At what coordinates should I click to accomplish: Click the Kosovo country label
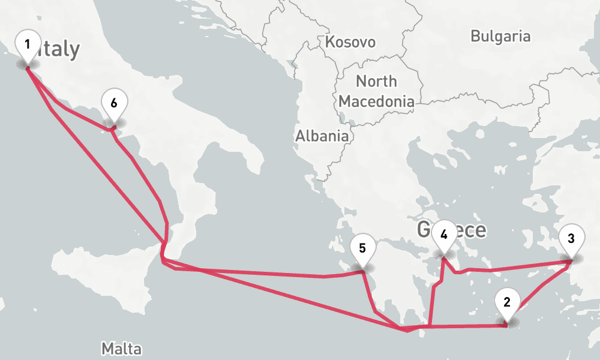pyautogui.click(x=350, y=42)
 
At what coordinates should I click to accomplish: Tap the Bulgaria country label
pyautogui.click(x=500, y=36)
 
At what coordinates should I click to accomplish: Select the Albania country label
pyautogui.click(x=322, y=136)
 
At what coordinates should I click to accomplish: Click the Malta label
pyautogui.click(x=121, y=349)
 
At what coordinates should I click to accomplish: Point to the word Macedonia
pyautogui.click(x=376, y=101)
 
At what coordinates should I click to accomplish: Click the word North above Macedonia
pyautogui.click(x=376, y=81)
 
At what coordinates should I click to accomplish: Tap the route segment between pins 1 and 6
pyautogui.click(x=66, y=110)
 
